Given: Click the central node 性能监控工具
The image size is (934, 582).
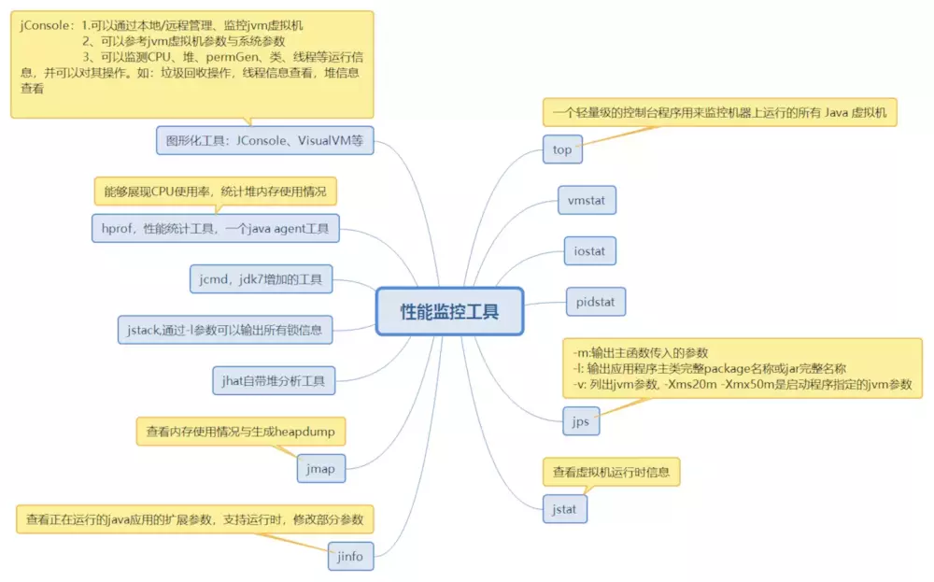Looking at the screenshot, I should tap(449, 311).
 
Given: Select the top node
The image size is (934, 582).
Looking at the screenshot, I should tap(562, 149).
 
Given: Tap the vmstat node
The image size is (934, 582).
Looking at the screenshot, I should tap(587, 200).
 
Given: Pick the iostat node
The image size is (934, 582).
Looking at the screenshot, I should tap(590, 250).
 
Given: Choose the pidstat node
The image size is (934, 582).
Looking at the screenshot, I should tap(596, 302).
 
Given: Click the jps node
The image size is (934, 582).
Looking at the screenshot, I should tap(581, 421).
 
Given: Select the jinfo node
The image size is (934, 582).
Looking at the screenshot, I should tap(350, 557).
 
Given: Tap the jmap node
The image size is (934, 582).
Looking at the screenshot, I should tap(321, 468).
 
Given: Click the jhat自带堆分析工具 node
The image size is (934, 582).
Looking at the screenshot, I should tap(274, 380).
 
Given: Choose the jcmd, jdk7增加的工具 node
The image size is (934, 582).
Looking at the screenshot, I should tap(261, 278).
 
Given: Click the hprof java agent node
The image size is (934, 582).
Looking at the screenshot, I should tap(216, 228).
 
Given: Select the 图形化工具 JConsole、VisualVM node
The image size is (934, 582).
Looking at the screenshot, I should tap(264, 140).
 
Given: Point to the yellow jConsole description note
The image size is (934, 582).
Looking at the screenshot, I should tap(191, 64).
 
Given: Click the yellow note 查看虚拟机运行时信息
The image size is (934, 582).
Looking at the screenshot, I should tap(611, 472).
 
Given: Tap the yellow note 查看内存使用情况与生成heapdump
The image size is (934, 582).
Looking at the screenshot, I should tap(240, 432).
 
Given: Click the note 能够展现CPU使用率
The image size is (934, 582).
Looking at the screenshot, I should tap(215, 192).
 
